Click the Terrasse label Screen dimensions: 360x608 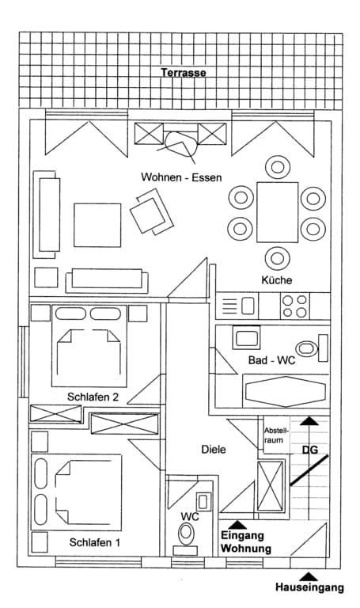point(184,73)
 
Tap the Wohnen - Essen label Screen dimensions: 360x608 point(181,177)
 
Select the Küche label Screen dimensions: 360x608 point(277,279)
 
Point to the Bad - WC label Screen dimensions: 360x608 point(271,360)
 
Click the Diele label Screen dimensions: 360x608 point(214,450)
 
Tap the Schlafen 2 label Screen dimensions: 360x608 point(93,397)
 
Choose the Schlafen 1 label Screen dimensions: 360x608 point(95,542)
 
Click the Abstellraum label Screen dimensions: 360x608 point(275,435)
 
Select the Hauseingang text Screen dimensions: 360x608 point(309,587)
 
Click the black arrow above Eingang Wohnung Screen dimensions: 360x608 point(238,525)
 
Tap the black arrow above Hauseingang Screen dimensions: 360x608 point(309,576)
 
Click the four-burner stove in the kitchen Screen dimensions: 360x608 point(295,306)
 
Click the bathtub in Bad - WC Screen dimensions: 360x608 point(286,391)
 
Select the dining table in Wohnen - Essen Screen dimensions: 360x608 point(278,212)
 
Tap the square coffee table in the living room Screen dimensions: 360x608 point(97,225)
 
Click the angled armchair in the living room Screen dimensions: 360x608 point(152,211)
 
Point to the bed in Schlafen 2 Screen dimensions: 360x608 point(89,346)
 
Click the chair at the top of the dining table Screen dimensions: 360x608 point(278,167)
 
